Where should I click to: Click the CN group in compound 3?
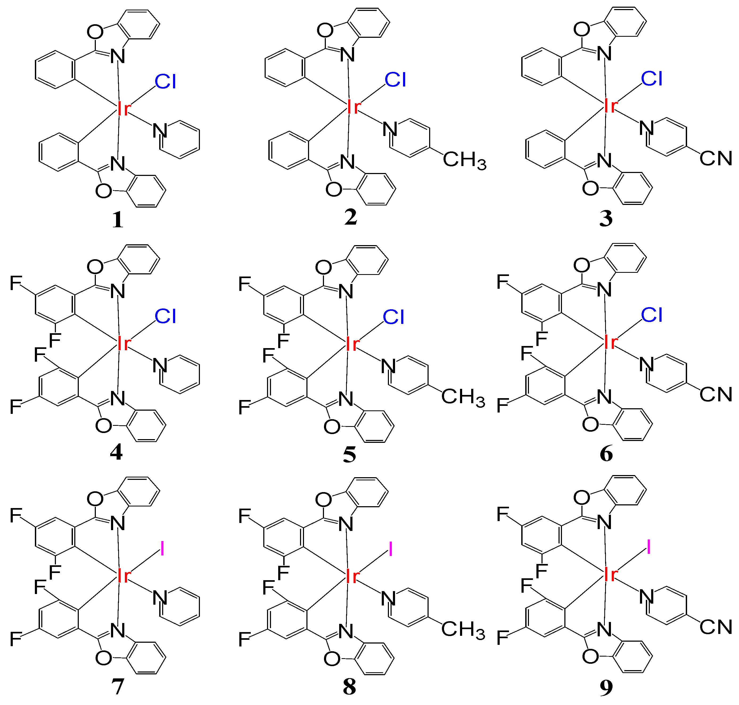point(716,158)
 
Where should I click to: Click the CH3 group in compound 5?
point(463,397)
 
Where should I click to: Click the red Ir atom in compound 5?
point(352,344)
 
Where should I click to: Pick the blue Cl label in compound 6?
point(651,315)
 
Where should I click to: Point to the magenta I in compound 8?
point(391,549)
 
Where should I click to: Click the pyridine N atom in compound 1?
point(160,131)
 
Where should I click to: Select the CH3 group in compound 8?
point(463,629)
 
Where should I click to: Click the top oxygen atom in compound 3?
point(582,29)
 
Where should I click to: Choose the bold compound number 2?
point(350,217)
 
